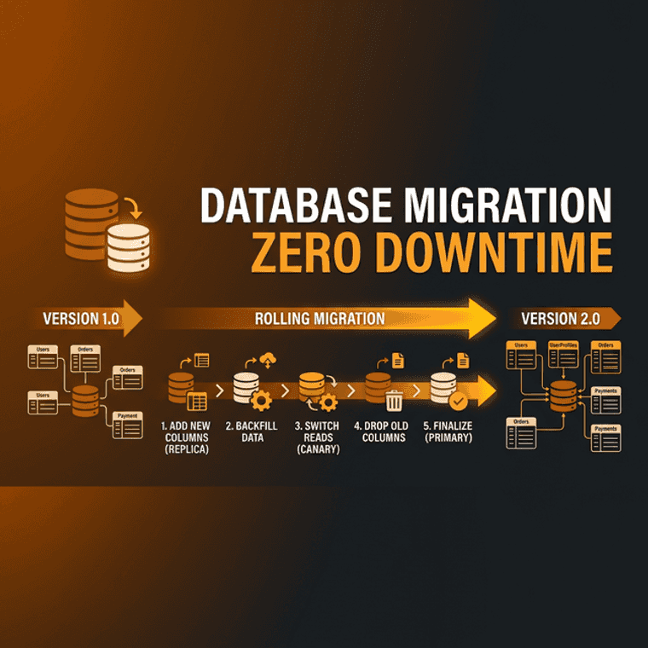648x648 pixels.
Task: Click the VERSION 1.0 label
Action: (x=81, y=319)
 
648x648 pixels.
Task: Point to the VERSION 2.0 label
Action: (x=560, y=319)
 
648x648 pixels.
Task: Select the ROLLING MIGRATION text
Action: (x=320, y=319)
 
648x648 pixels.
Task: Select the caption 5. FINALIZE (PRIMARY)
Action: (x=448, y=431)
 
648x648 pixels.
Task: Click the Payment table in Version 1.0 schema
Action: (x=127, y=425)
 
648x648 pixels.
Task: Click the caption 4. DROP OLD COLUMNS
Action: (x=383, y=431)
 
